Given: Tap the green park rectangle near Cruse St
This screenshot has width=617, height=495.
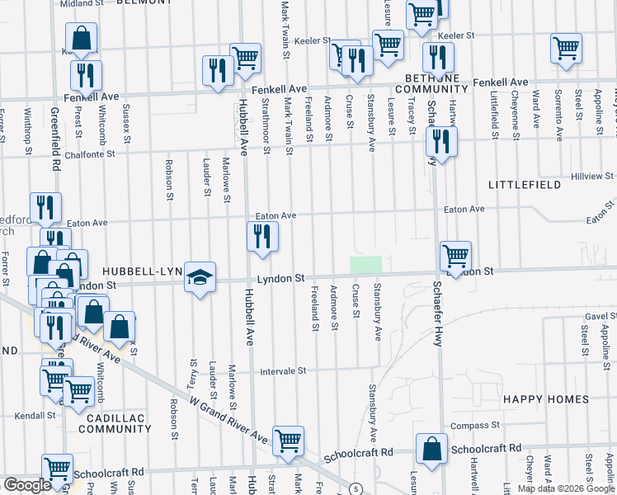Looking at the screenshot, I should [x=365, y=265].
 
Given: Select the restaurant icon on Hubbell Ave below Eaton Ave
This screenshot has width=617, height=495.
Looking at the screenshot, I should [x=262, y=237].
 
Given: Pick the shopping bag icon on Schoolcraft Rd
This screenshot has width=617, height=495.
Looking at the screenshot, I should [x=431, y=449].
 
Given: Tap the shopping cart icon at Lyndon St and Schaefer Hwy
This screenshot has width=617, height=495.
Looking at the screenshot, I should [x=455, y=256].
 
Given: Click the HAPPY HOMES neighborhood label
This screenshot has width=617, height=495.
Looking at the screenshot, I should [x=546, y=399].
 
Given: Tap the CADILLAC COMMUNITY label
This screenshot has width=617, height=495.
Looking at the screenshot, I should [x=115, y=423].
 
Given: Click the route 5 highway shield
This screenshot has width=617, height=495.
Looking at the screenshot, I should [x=355, y=489].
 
